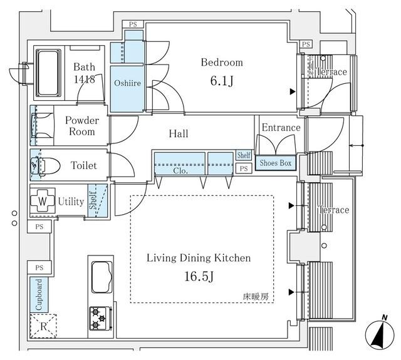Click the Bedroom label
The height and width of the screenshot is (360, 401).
pos(221,63)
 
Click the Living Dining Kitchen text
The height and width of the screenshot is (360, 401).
pos(199,258)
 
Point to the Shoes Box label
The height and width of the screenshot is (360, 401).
pos(276,163)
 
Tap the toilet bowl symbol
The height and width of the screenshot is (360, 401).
pos(46,166)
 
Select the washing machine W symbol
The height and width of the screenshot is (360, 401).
pos(42,202)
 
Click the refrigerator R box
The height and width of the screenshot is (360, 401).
pos(43,326)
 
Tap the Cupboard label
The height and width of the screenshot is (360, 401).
pos(39,295)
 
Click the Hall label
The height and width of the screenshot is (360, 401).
pos(178,134)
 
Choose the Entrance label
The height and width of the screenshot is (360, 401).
pos(281,128)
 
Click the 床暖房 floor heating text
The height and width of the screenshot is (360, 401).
pos(256,297)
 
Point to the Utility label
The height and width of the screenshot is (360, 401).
pos(71,202)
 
